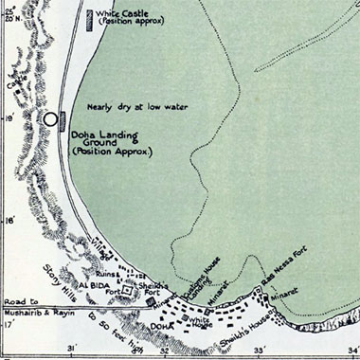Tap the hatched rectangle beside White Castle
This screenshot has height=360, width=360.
pyautogui.click(x=89, y=19)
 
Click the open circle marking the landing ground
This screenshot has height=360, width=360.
pyautogui.click(x=50, y=120)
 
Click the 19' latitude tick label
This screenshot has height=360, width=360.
pyautogui.click(x=9, y=119)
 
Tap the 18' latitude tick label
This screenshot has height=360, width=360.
pyautogui.click(x=9, y=222)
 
